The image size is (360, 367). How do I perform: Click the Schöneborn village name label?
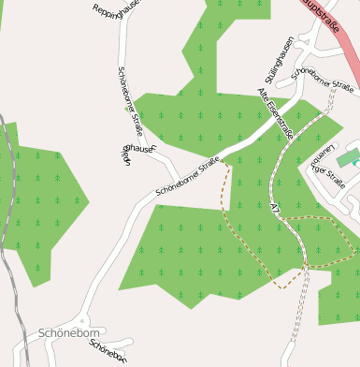pyautogui.click(x=69, y=333)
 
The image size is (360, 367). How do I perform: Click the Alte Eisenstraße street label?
pyautogui.click(x=276, y=114)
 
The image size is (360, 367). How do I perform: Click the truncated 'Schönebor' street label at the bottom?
pyautogui.click(x=106, y=350)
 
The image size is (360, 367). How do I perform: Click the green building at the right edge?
pyautogui.click(x=347, y=158)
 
